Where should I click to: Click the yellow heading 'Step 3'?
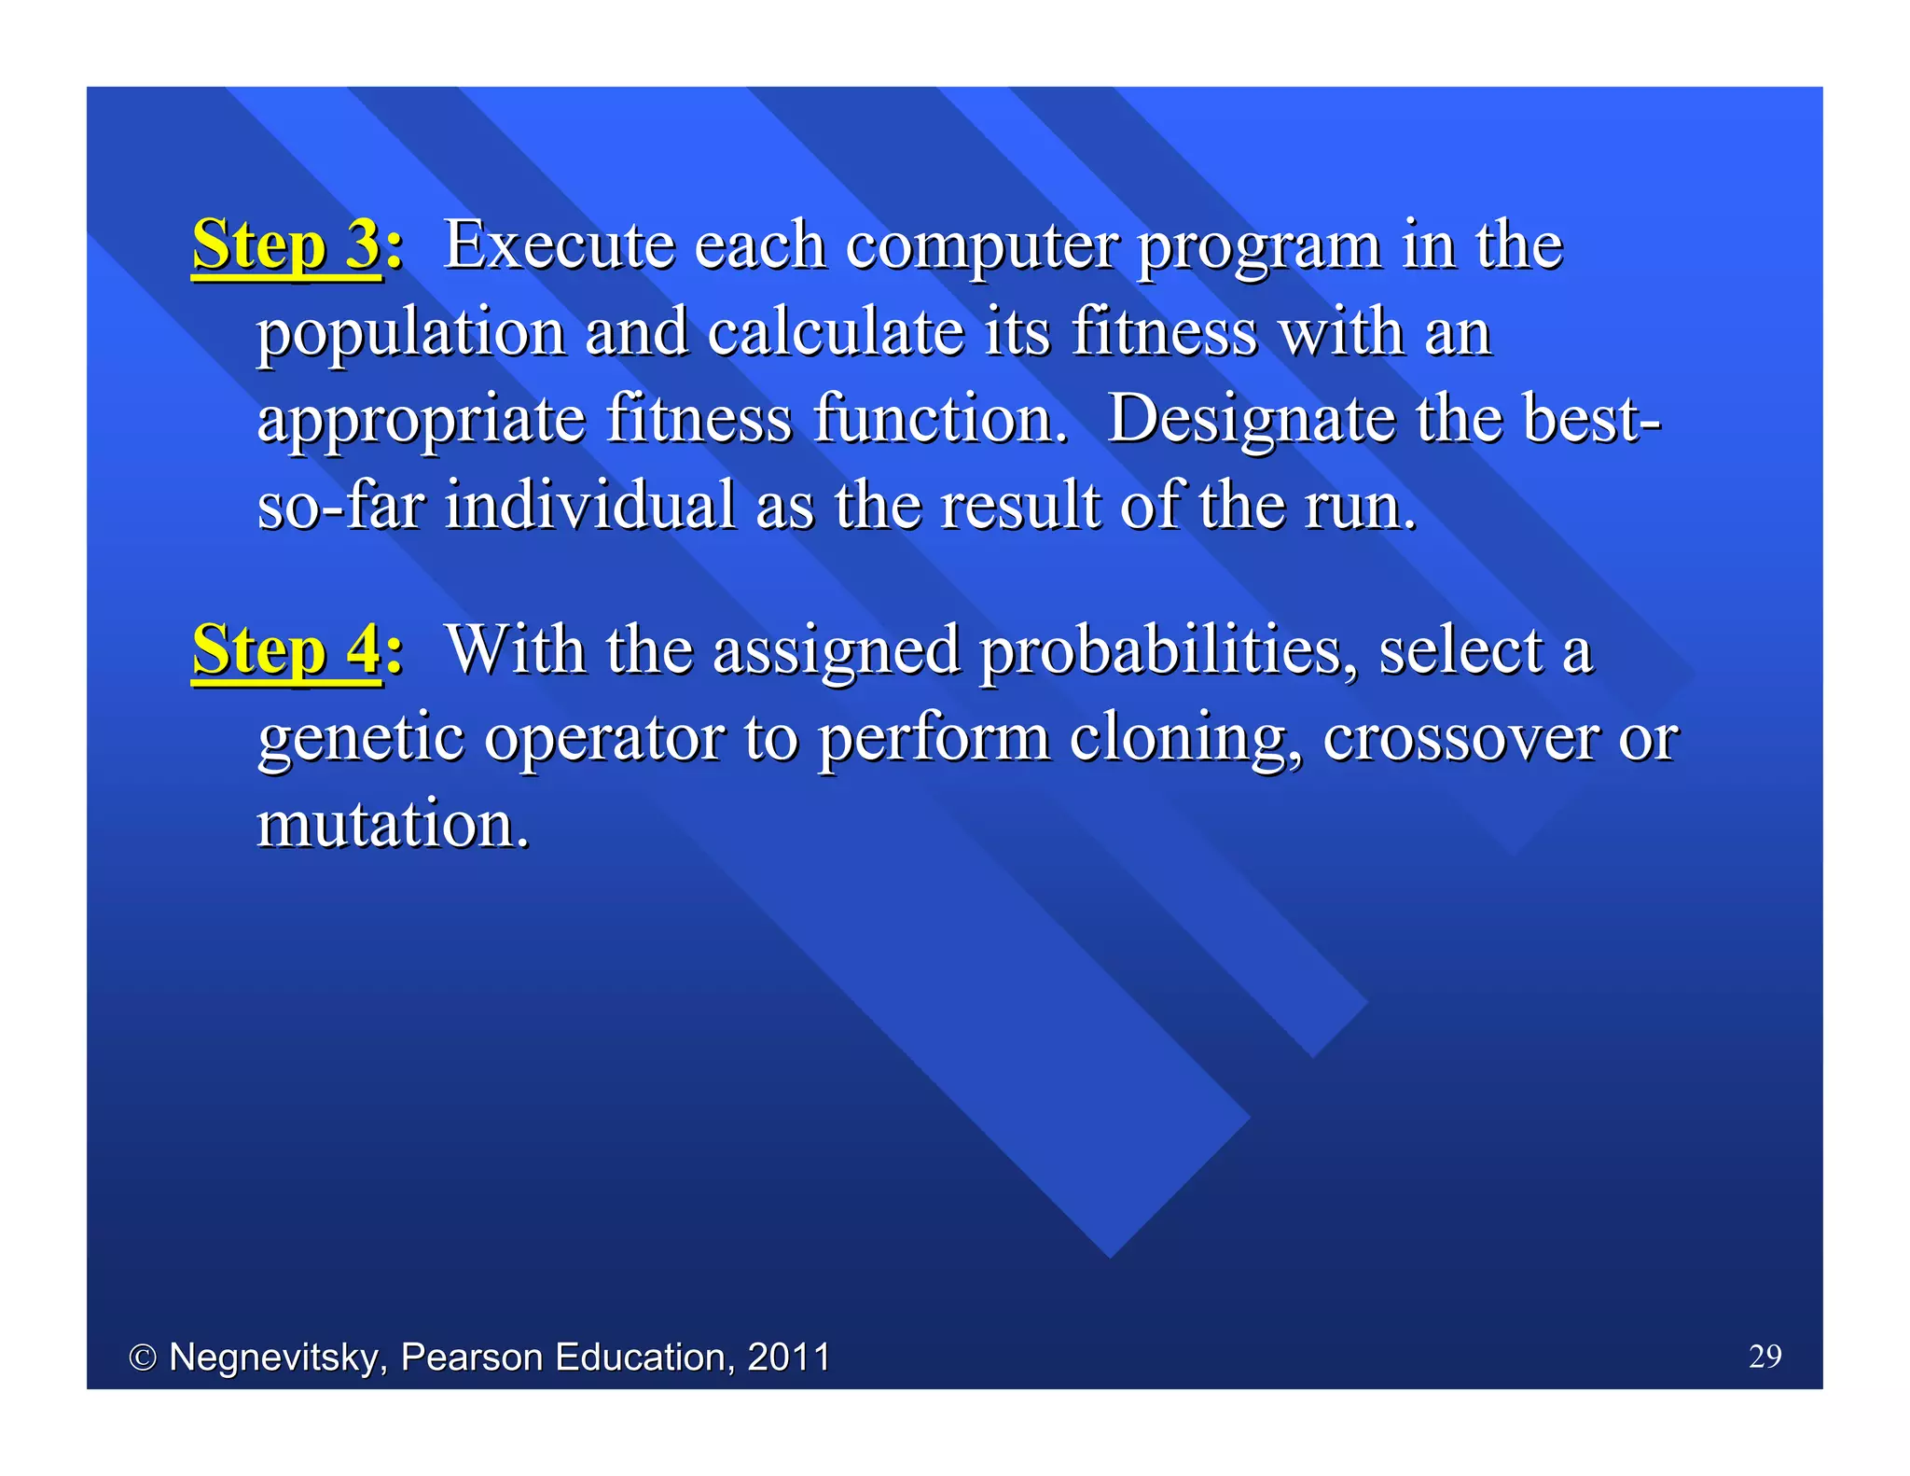click(x=285, y=245)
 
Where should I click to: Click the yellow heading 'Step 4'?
click(x=285, y=650)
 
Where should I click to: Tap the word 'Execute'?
click(x=559, y=245)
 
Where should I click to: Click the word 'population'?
click(x=411, y=335)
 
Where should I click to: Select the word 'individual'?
click(x=589, y=506)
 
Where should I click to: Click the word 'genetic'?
click(x=360, y=739)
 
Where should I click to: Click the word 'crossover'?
click(x=1460, y=739)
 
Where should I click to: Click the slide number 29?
click(x=1765, y=1356)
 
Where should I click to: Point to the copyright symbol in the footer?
click(x=142, y=1358)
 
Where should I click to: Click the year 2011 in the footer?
click(x=788, y=1357)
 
